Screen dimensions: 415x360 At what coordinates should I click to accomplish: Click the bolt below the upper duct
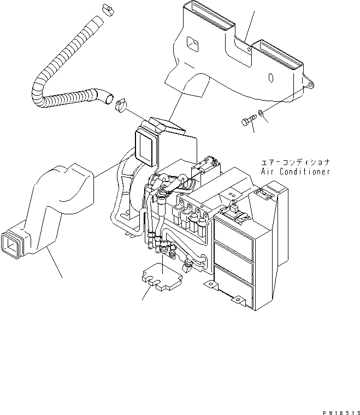[x=248, y=120]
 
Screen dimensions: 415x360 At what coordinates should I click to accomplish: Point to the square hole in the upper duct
[x=192, y=44]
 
